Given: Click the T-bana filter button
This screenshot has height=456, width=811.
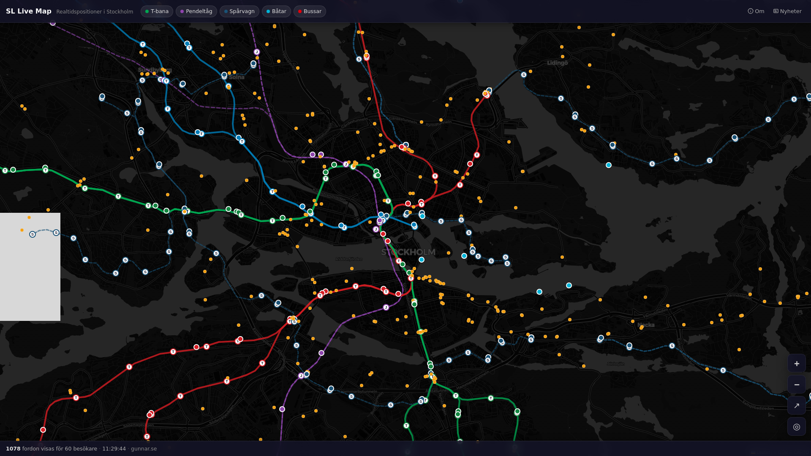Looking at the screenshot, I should point(157,11).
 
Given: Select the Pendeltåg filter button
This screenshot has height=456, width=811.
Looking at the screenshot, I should point(196,11).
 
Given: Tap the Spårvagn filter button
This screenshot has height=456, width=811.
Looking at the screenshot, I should point(239,11).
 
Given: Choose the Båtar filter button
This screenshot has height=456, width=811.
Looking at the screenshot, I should point(276,11).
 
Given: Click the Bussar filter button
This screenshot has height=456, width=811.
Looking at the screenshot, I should point(310,11).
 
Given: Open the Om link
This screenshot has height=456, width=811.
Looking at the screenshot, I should point(756,11).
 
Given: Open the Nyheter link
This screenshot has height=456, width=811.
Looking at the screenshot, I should point(787,11).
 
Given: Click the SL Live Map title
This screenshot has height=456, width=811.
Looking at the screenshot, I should point(29,11).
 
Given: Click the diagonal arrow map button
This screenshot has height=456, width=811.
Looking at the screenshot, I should point(797,406).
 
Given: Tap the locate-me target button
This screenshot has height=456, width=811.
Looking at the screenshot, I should point(797,427).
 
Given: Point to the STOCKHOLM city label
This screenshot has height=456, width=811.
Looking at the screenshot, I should point(408,252).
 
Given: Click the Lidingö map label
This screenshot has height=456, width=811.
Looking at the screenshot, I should point(558,63).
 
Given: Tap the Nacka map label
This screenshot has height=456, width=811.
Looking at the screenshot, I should point(646,325).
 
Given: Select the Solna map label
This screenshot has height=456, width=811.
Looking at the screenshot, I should point(237,77).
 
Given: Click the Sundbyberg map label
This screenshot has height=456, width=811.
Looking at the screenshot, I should point(155,70).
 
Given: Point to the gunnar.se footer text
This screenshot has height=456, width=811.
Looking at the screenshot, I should point(144,449).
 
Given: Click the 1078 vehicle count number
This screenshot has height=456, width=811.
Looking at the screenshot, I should point(13,449).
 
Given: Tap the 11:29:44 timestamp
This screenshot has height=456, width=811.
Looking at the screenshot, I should point(114,449).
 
